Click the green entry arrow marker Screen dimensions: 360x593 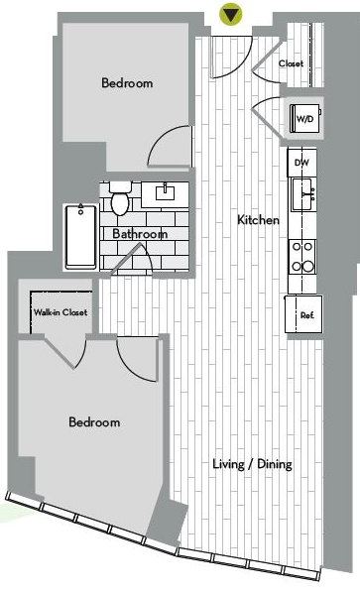click(x=230, y=14)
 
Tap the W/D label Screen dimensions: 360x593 click(x=304, y=120)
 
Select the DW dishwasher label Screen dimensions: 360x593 click(x=301, y=163)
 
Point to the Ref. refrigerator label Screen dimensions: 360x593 click(x=307, y=315)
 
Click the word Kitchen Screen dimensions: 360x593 click(x=258, y=220)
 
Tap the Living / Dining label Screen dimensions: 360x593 click(x=252, y=464)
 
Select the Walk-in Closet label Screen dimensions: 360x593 click(x=60, y=312)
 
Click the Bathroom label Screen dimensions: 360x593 click(x=140, y=234)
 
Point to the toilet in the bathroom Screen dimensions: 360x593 click(x=120, y=198)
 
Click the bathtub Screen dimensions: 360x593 click(x=80, y=237)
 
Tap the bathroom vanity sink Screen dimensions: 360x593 click(x=166, y=192)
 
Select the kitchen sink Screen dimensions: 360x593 click(x=302, y=194)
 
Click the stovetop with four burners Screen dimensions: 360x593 click(x=302, y=257)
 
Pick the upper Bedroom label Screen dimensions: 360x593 click(x=127, y=83)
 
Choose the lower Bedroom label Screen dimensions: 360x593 click(x=94, y=422)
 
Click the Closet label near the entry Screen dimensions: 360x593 click(x=292, y=63)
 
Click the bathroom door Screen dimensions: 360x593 click(x=132, y=259)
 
